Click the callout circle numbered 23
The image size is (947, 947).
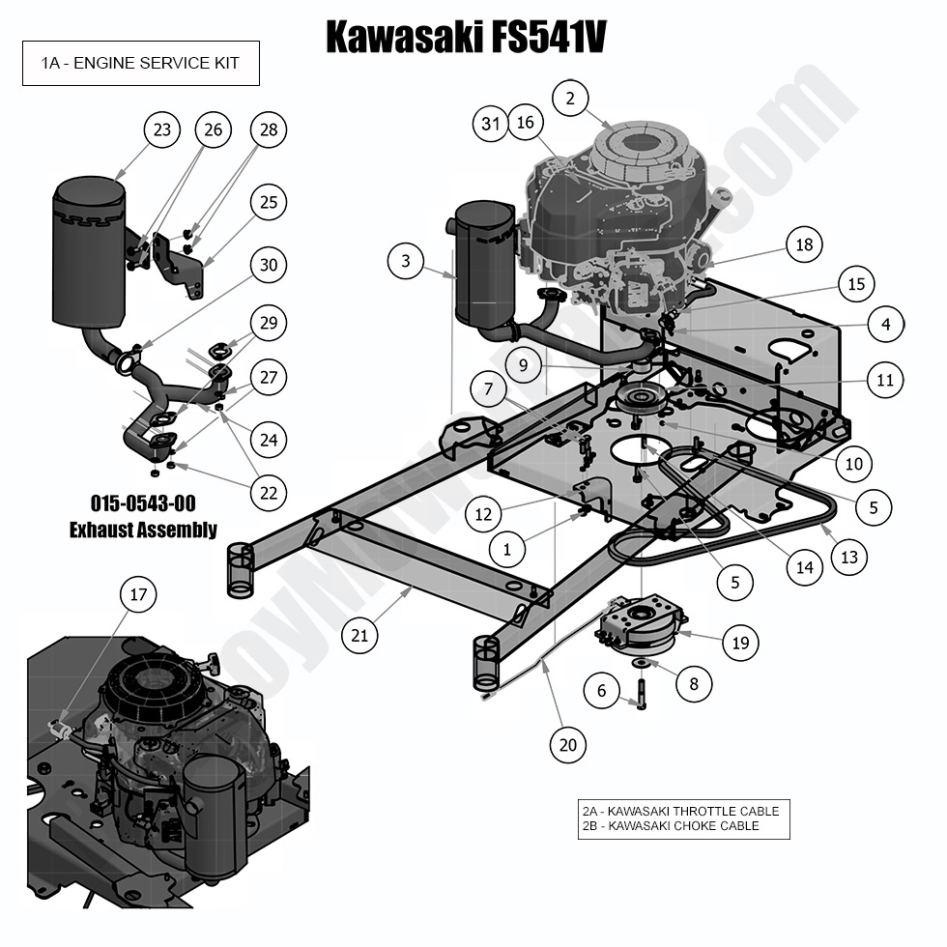(x=163, y=129)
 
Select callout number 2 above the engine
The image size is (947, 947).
(x=570, y=98)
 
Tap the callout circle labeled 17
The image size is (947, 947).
(x=138, y=594)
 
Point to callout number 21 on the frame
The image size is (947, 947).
(x=359, y=635)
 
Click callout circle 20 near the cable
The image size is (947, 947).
(x=568, y=744)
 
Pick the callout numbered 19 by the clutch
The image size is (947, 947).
(x=740, y=643)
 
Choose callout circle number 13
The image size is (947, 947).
(x=848, y=558)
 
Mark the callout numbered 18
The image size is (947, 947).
(x=804, y=244)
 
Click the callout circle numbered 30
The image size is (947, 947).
(x=270, y=263)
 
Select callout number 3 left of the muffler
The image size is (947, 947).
(x=406, y=261)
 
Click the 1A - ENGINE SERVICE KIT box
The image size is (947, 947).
(x=141, y=64)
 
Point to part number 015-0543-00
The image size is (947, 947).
(x=142, y=504)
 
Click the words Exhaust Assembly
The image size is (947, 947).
(x=142, y=530)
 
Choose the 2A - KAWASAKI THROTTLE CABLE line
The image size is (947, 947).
(x=680, y=811)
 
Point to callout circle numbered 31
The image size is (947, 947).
(x=492, y=123)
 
